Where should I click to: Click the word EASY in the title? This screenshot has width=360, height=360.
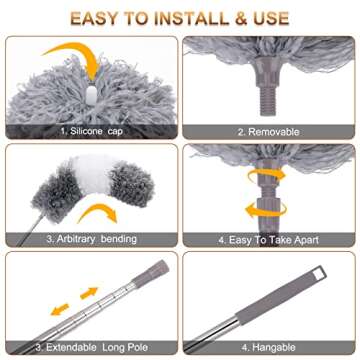[x=96, y=18]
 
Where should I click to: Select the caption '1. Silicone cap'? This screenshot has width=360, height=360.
[x=91, y=131]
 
